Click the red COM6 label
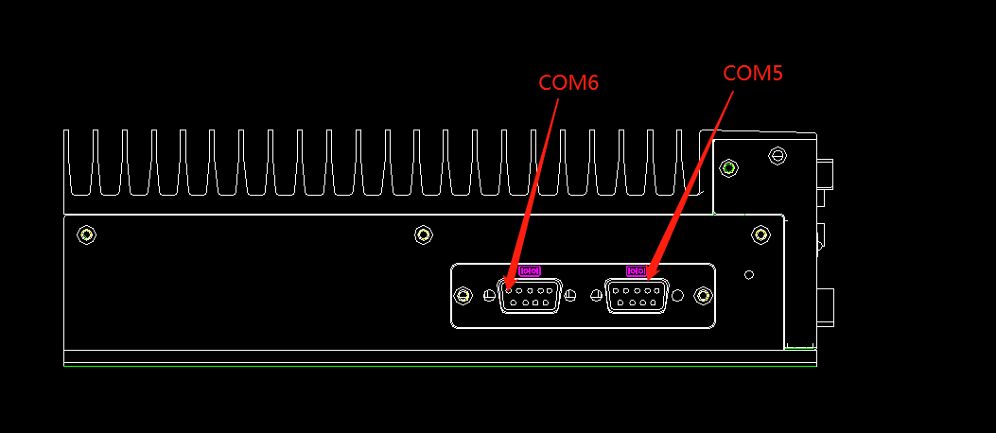click(x=568, y=83)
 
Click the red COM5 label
click(x=753, y=73)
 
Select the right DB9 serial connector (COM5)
click(x=636, y=295)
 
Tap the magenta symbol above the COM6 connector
click(x=530, y=270)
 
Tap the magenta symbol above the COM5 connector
click(x=635, y=271)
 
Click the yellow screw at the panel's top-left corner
click(x=87, y=234)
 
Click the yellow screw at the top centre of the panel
click(x=424, y=234)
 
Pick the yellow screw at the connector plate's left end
click(x=463, y=296)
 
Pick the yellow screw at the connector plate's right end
click(x=703, y=296)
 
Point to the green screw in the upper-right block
click(x=728, y=168)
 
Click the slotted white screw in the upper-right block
click(x=778, y=154)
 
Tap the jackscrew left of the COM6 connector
click(x=489, y=296)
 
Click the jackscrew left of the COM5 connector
click(x=596, y=296)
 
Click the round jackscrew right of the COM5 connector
click(x=677, y=296)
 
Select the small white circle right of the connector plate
click(x=749, y=274)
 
